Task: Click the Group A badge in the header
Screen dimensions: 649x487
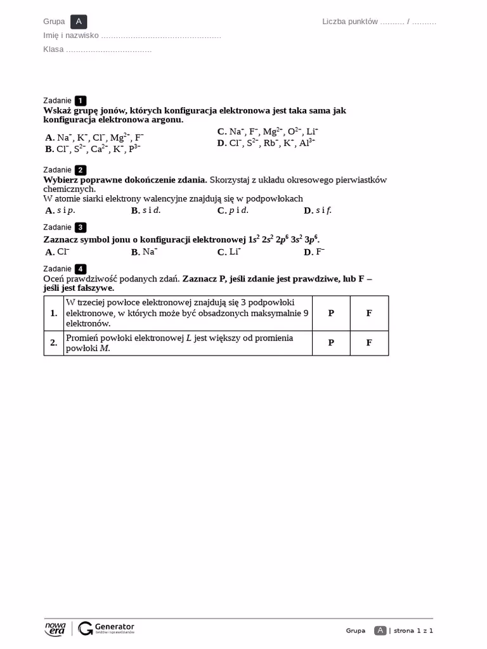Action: coord(79,22)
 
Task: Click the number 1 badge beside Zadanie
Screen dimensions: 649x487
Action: coord(81,100)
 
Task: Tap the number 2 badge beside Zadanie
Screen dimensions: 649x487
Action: coord(81,170)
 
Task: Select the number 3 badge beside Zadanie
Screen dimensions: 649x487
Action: coord(81,228)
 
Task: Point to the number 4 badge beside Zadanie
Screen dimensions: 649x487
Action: coord(81,269)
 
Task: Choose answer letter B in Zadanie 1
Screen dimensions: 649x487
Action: coord(49,150)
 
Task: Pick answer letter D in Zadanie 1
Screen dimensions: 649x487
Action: coord(221,143)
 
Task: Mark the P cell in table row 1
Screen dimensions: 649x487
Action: coord(331,313)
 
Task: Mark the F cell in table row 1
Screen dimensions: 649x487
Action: coord(369,313)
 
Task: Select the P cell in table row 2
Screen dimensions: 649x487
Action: coord(331,343)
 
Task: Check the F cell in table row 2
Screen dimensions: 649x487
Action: coord(369,343)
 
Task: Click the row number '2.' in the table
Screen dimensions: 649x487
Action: coord(54,343)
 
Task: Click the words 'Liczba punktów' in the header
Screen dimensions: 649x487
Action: coord(350,22)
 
